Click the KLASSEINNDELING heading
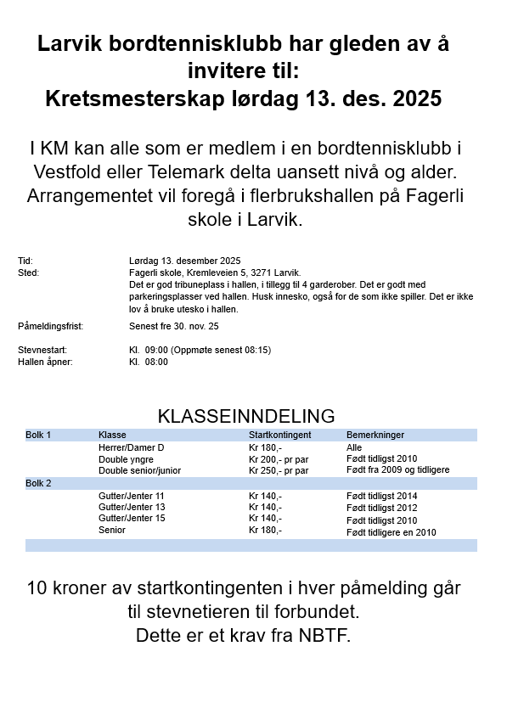pos(246,416)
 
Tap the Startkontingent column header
pos(279,435)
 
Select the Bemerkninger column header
pos(375,435)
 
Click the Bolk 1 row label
pos(38,435)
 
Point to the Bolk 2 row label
pos(38,484)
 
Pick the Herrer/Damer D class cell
pos(131,447)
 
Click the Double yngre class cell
pos(126,459)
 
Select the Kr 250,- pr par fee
pos(278,470)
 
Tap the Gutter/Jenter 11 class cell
pos(132,496)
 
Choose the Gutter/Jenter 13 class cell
pos(132,507)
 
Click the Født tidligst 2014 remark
pos(382,497)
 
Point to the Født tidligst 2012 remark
pos(382,508)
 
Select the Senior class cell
pos(112,530)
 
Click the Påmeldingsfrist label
pos(51,326)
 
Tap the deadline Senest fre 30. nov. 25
pos(173,326)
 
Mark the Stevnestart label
pos(42,350)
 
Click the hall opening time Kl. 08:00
pos(149,362)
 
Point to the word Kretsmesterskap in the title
pos(137,98)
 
